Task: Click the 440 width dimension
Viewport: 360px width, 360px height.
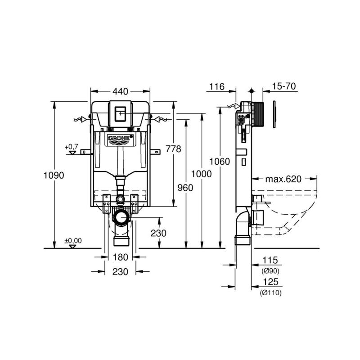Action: (x=120, y=91)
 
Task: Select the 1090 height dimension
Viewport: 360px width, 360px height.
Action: (x=54, y=175)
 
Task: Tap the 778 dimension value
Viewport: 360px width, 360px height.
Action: (x=174, y=149)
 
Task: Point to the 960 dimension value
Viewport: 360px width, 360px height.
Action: (x=185, y=188)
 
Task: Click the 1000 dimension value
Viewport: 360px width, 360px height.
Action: (x=201, y=174)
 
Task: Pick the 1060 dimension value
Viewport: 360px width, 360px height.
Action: (x=220, y=162)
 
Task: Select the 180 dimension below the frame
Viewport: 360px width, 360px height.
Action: (x=120, y=257)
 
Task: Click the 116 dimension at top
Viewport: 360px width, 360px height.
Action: (x=217, y=87)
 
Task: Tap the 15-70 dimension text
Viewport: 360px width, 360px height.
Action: (x=284, y=86)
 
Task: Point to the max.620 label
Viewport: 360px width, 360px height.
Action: (x=283, y=179)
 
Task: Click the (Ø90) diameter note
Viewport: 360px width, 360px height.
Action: (x=270, y=271)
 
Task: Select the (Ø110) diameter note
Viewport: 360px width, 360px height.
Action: (x=271, y=293)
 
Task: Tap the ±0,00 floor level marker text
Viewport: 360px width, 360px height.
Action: (x=73, y=241)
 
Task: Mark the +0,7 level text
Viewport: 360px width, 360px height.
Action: (x=72, y=147)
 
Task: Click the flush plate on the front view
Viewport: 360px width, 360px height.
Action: (x=120, y=114)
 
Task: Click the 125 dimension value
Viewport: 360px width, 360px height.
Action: (x=271, y=282)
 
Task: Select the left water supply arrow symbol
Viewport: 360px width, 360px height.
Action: (x=80, y=119)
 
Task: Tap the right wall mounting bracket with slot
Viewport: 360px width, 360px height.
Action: (x=155, y=152)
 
